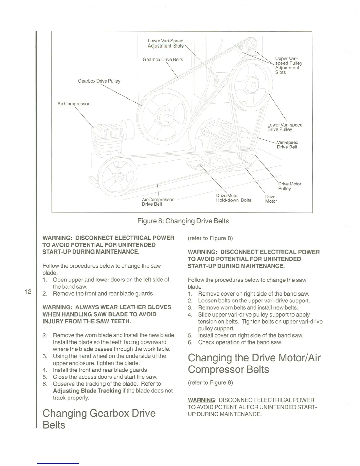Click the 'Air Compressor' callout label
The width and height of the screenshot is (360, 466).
74,104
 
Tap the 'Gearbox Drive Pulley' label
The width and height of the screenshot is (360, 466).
99,81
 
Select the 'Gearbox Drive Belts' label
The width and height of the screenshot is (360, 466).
163,60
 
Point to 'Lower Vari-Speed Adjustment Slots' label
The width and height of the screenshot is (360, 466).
165,43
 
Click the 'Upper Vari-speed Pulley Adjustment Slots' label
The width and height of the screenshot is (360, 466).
288,65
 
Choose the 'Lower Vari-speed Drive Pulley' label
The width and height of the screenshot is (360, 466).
284,127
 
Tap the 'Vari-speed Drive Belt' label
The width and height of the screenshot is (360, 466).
287,145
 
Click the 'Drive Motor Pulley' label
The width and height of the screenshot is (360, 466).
289,186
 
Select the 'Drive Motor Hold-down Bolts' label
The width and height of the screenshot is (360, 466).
234,198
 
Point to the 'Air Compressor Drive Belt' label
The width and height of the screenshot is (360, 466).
158,202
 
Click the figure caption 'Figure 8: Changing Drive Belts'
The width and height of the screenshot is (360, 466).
183,221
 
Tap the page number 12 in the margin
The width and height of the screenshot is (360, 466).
28,292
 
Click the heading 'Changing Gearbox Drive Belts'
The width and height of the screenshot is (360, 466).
99,419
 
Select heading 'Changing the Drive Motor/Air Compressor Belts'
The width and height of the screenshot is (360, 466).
254,363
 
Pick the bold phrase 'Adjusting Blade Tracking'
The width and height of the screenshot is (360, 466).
87,391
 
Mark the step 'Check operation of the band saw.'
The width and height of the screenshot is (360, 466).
240,342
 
